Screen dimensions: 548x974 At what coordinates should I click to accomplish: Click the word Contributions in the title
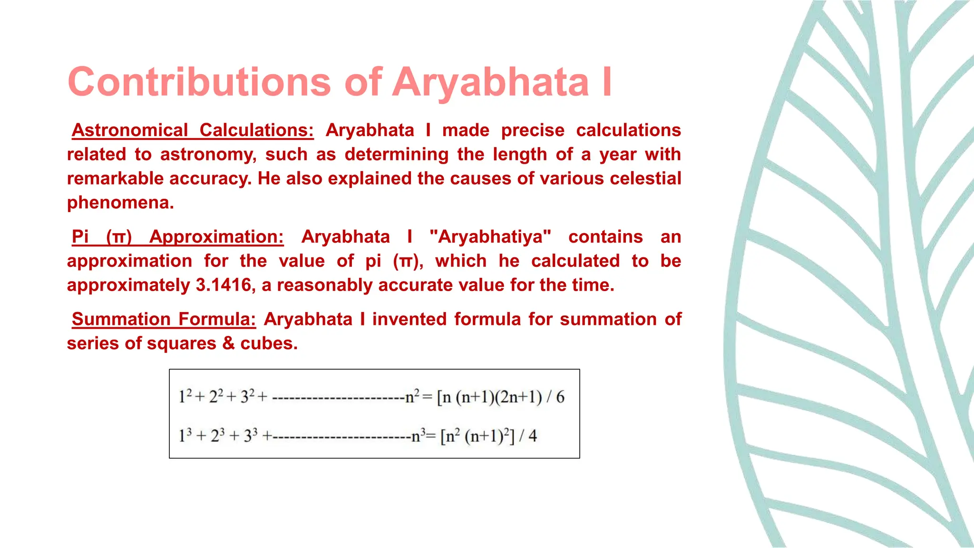(x=199, y=82)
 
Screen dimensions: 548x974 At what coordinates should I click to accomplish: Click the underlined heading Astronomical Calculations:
(x=192, y=130)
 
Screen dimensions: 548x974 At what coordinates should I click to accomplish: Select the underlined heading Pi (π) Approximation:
(x=177, y=237)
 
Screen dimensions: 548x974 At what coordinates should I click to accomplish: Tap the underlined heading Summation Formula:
(x=164, y=319)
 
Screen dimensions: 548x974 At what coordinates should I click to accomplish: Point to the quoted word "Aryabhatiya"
(x=490, y=237)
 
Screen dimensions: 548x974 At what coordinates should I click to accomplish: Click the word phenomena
(x=120, y=203)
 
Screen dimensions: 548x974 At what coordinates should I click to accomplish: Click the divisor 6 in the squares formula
(x=560, y=397)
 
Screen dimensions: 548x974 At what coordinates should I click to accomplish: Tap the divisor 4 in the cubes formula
(x=532, y=436)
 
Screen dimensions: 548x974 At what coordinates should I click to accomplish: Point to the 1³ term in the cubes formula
(x=185, y=435)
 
